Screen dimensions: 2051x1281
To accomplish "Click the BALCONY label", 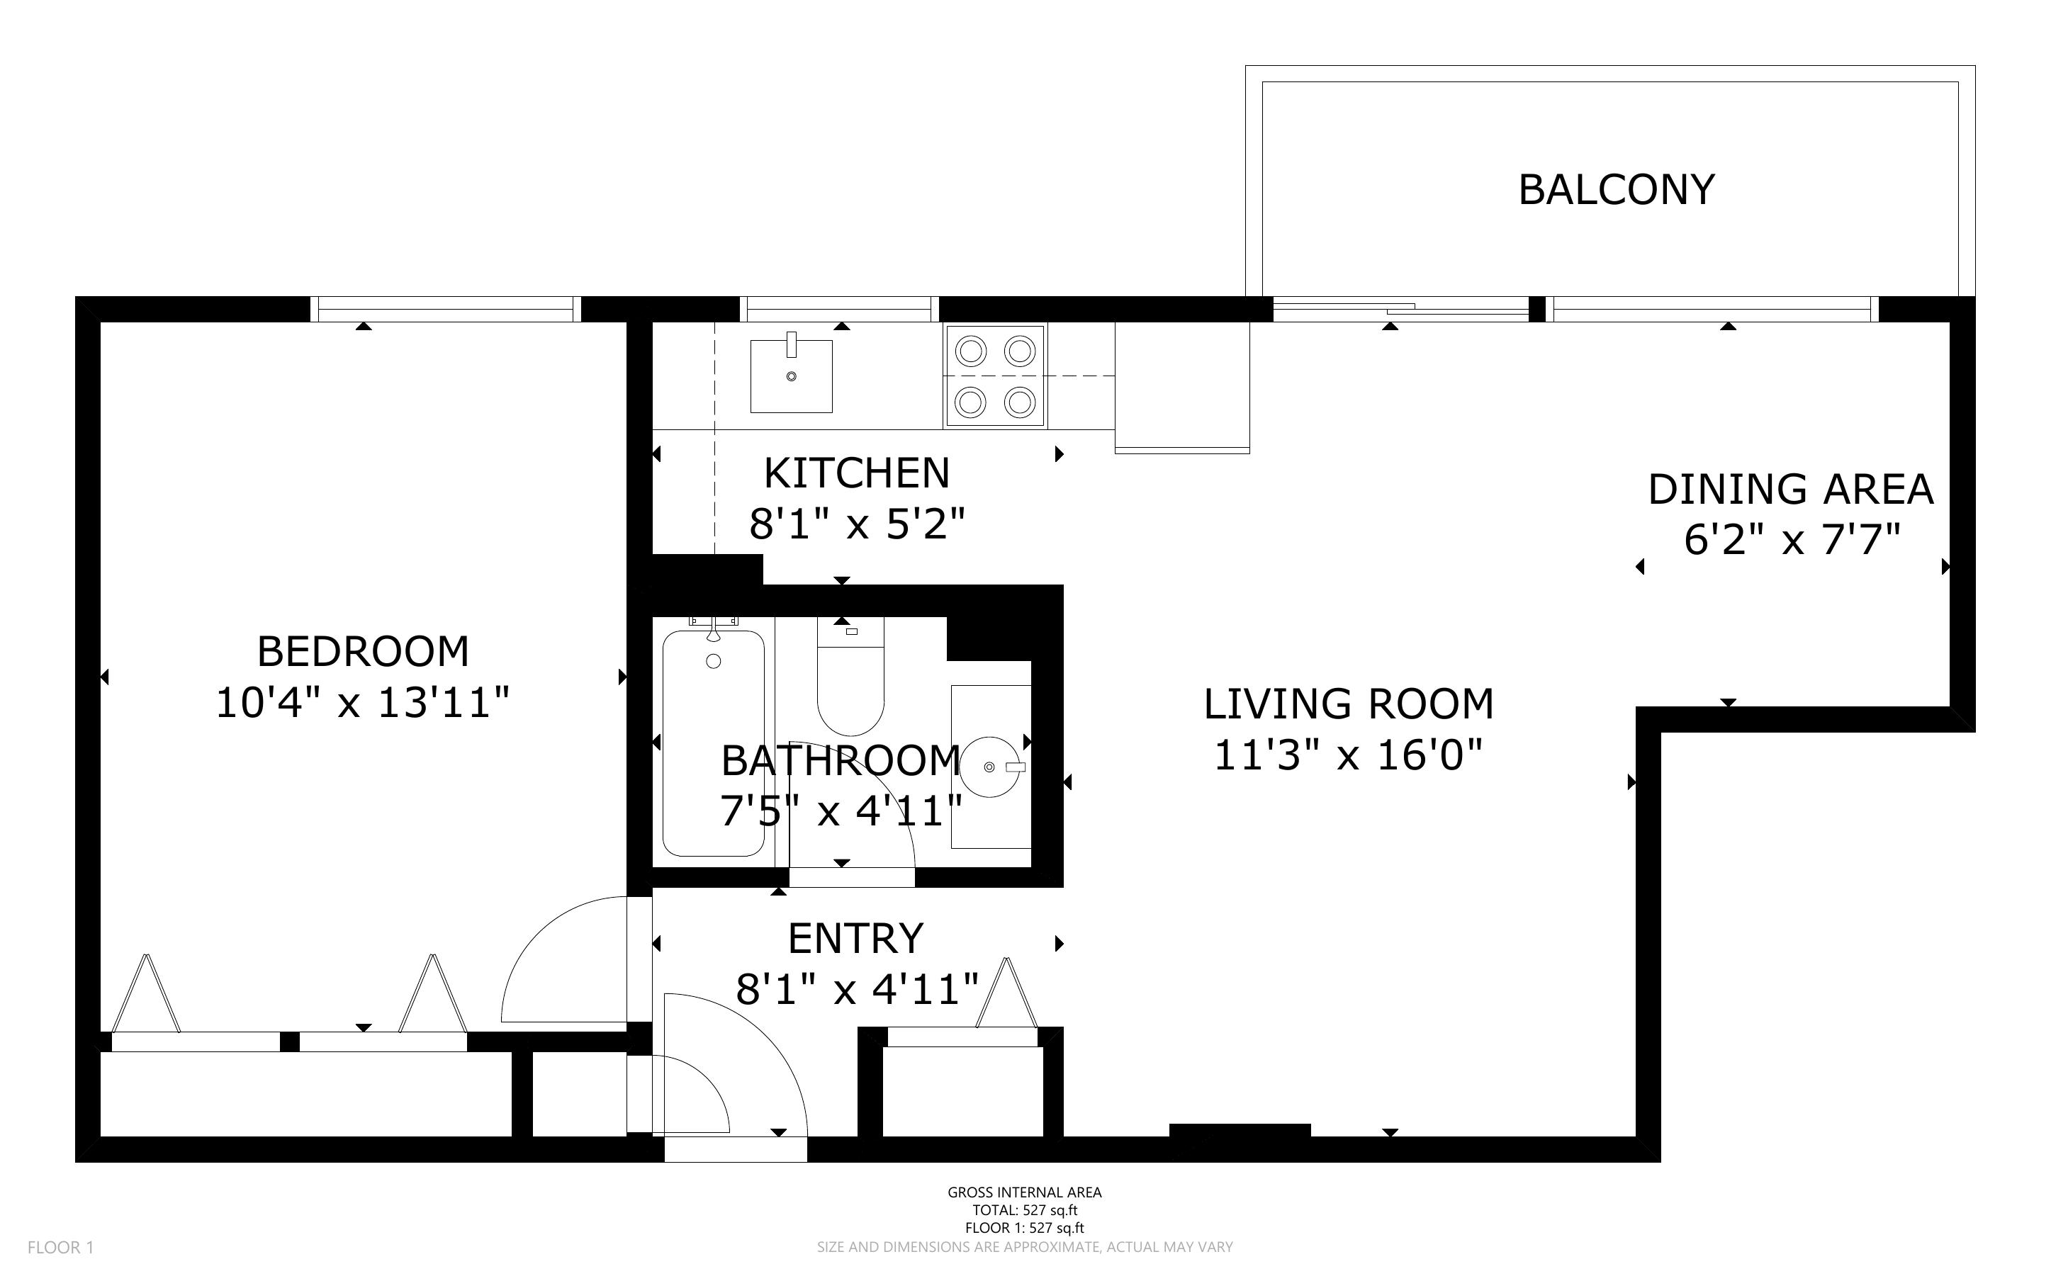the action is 1616,190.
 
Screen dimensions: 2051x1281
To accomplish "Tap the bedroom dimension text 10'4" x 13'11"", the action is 363,703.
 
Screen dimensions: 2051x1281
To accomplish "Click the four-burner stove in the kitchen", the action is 996,376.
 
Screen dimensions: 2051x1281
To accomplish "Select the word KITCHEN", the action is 857,473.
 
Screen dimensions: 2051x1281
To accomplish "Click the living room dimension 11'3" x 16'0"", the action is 1349,755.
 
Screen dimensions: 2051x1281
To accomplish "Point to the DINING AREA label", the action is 1790,490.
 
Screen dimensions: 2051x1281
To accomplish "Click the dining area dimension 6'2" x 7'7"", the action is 1792,539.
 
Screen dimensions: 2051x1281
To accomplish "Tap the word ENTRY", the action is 855,939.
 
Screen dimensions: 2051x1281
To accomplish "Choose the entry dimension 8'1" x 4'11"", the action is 858,988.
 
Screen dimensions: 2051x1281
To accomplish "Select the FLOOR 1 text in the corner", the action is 61,1247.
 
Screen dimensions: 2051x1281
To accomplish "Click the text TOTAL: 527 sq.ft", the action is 1025,1211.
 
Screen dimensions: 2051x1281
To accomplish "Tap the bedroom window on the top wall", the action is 446,309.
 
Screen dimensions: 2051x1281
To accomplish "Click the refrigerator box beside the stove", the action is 1182,387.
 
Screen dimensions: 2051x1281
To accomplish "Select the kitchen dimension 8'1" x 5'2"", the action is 858,524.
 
